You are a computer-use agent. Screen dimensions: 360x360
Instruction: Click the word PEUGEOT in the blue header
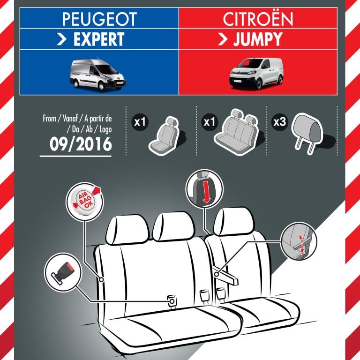99,19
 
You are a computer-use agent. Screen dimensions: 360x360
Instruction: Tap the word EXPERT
99,39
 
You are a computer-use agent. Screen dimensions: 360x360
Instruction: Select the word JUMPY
258,39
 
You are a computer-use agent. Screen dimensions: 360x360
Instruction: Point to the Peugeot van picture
98,74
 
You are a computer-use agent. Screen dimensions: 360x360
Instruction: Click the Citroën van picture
256,73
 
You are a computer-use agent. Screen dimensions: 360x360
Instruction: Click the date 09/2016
81,144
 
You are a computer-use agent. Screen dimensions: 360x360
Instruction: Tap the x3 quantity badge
280,122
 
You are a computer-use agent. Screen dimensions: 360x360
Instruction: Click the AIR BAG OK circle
85,202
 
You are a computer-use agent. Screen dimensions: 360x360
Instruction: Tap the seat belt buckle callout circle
63,272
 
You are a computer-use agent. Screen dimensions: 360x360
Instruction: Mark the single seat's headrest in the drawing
234,221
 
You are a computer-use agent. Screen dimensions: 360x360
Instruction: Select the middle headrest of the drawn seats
174,226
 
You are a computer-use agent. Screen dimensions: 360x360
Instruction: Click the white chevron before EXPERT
61,39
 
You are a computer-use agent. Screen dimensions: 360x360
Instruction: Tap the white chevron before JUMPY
222,39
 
